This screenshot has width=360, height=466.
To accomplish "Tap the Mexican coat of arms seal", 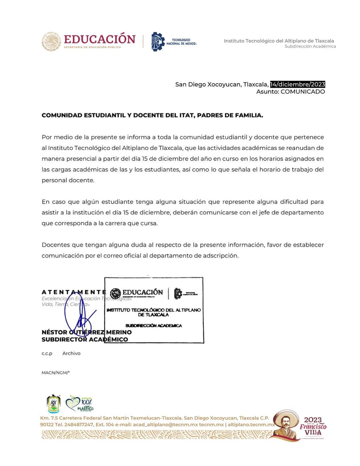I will pyautogui.click(x=51, y=42).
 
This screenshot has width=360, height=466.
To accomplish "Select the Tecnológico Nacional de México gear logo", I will pyautogui.click(x=158, y=42).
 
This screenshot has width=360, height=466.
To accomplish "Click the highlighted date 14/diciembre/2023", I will pyautogui.click(x=297, y=84).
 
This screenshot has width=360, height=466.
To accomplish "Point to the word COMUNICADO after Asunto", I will pyautogui.click(x=303, y=92).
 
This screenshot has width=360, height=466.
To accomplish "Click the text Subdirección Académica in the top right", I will pyautogui.click(x=310, y=46).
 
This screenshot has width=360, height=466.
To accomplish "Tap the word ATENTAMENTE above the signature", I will pyautogui.click(x=74, y=292).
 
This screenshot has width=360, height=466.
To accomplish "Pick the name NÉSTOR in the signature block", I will pyautogui.click(x=54, y=332).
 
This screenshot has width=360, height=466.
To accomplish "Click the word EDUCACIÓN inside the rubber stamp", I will pyautogui.click(x=143, y=293).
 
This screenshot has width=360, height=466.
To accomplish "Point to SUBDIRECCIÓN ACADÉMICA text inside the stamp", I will pyautogui.click(x=154, y=326).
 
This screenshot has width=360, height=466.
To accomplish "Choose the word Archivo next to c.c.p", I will pyautogui.click(x=71, y=353).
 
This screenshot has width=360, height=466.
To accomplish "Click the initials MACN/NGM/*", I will pyautogui.click(x=56, y=373).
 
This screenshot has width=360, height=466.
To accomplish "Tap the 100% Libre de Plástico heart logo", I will pyautogui.click(x=79, y=403).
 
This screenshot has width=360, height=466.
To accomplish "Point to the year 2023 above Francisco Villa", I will pyautogui.click(x=313, y=420).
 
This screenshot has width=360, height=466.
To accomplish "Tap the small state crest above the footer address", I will pyautogui.click(x=53, y=404).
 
